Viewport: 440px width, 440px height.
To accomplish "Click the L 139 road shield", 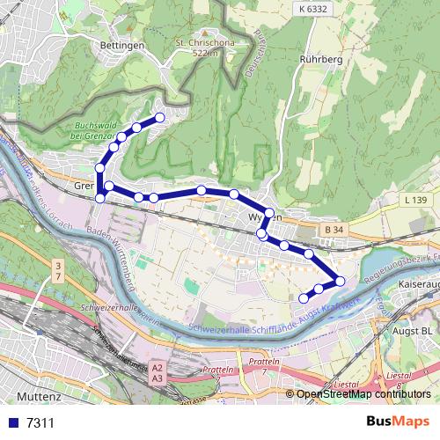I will (x=416, y=202).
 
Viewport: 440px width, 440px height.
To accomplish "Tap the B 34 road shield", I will (x=333, y=230).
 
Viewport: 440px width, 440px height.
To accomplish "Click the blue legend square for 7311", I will (x=12, y=423).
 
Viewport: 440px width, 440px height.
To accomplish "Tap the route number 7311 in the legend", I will (x=40, y=423).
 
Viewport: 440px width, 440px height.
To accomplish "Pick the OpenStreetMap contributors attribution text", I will (x=363, y=394).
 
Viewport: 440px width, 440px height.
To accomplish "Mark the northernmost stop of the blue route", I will (x=160, y=117).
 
